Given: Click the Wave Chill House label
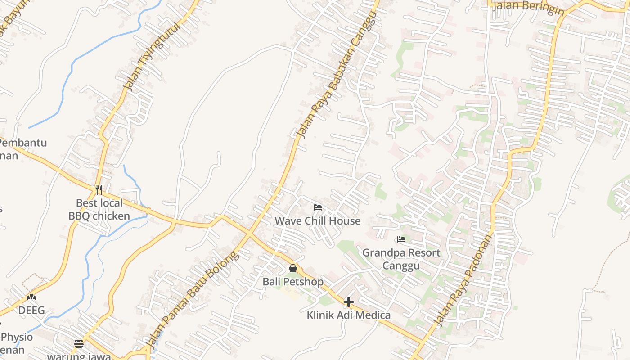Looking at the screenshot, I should coord(318,221).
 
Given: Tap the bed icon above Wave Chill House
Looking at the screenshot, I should coord(318,207).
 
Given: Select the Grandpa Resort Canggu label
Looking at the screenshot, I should coord(401,259).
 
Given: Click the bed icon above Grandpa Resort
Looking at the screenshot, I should coord(401,239).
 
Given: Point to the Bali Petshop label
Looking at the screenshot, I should coord(293,282).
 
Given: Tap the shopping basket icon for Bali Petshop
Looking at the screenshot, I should coord(293,269).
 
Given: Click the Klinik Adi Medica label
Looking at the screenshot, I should coord(349,315).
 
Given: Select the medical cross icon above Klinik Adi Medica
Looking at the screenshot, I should coord(349,302).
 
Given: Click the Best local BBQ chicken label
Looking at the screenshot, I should coord(99,210).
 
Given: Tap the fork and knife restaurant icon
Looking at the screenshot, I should coord(99,190).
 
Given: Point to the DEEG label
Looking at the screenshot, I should coord(31,310).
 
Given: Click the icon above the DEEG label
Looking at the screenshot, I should coord(31,297).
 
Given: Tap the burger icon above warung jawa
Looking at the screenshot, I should coord(79,344).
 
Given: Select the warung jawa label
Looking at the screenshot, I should coord(79,356).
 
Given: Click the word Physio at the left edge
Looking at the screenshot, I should coord(17,337).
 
